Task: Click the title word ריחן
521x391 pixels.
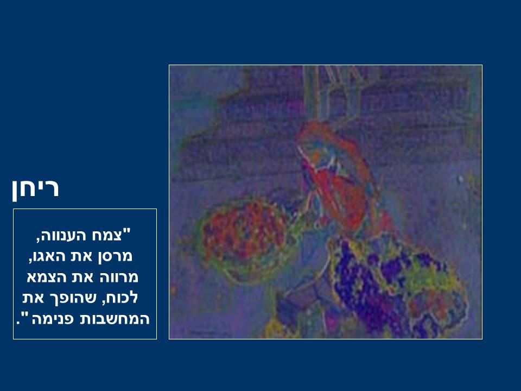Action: tap(36, 188)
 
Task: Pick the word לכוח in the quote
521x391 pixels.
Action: tap(119, 298)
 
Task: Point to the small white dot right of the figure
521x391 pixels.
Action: tap(461, 180)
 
